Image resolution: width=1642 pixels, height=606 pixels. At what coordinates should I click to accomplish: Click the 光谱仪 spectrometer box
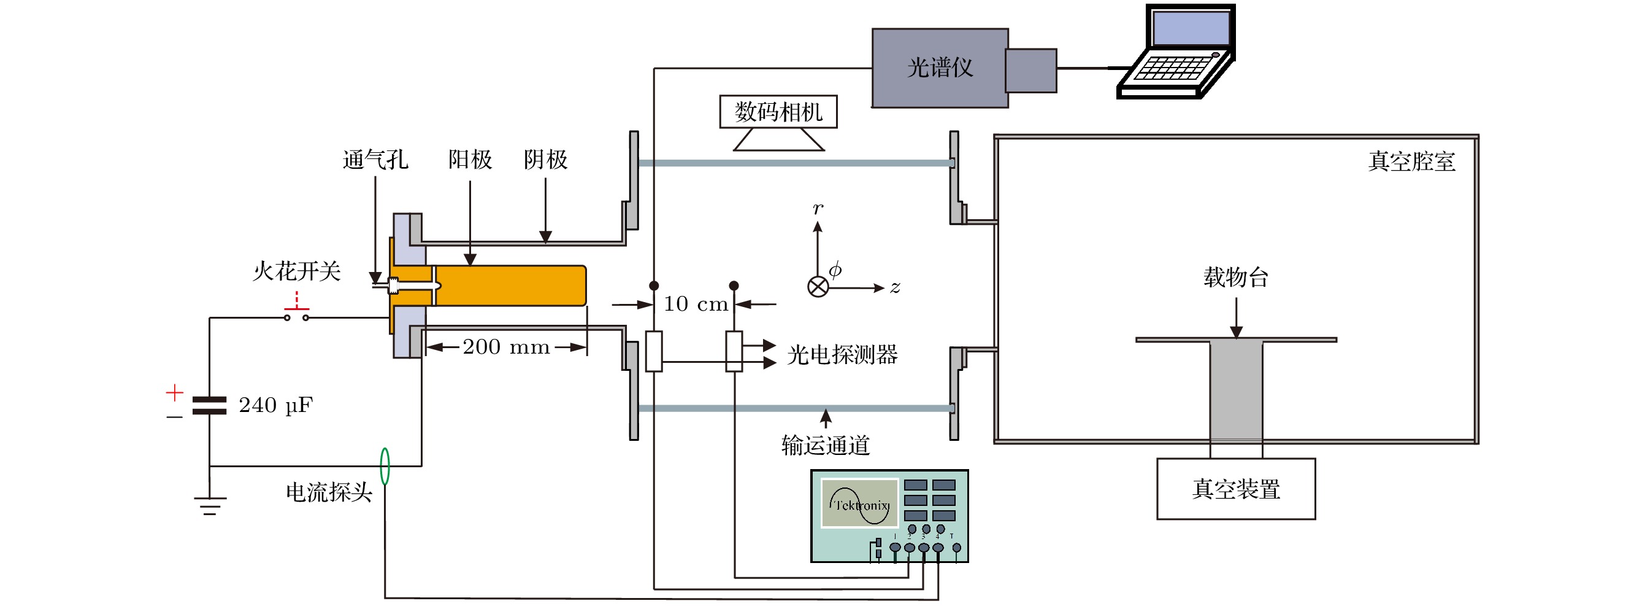(940, 68)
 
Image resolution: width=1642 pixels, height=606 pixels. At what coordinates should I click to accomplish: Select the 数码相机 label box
(778, 112)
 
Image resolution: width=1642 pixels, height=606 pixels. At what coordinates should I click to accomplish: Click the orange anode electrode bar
(510, 285)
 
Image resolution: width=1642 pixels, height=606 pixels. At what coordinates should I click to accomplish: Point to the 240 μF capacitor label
(275, 405)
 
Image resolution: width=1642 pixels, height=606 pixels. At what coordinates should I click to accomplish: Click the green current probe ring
(385, 466)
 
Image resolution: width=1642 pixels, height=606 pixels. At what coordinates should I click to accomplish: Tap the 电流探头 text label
(329, 492)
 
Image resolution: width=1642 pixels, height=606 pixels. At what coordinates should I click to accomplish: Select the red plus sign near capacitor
(175, 392)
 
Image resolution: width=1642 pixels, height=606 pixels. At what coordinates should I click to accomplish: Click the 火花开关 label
(297, 271)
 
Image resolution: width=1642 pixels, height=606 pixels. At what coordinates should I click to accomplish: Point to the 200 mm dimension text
(506, 347)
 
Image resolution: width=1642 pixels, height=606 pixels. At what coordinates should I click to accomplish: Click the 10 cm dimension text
(696, 305)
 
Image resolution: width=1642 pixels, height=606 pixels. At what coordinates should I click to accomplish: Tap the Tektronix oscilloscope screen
(860, 504)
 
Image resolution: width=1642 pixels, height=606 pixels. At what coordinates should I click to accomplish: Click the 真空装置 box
(1236, 489)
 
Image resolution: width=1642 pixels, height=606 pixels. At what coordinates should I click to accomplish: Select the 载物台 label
(1236, 278)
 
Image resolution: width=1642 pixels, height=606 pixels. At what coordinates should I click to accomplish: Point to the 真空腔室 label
(1411, 161)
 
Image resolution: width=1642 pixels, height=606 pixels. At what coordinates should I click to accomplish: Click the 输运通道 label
(826, 445)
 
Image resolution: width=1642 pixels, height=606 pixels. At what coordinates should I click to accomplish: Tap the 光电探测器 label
(842, 355)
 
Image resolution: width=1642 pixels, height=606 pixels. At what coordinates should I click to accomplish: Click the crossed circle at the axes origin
(818, 287)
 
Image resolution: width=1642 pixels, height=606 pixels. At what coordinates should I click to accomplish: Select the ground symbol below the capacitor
(210, 505)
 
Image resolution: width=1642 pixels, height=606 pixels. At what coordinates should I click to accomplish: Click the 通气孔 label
(375, 160)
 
